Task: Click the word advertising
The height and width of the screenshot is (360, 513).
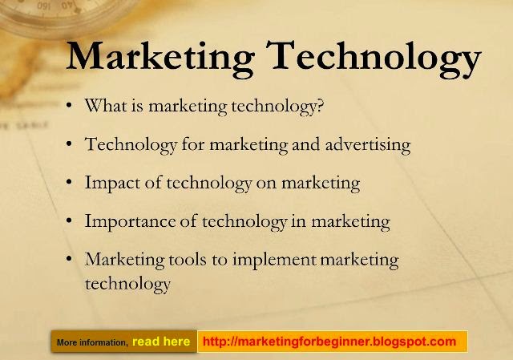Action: [x=368, y=145]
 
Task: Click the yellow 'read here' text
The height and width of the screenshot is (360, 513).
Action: [x=161, y=342]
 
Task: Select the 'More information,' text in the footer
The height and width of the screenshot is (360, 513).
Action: [x=92, y=342]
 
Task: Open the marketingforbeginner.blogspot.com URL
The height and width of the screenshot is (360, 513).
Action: [x=329, y=342]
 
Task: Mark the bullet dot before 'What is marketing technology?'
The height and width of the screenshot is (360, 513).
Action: [x=71, y=107]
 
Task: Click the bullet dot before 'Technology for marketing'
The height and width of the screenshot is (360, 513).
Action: [x=71, y=145]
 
